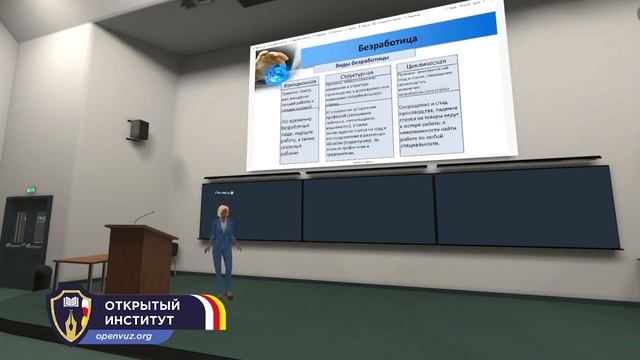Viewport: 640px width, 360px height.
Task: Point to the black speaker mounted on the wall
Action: (x=139, y=129)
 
